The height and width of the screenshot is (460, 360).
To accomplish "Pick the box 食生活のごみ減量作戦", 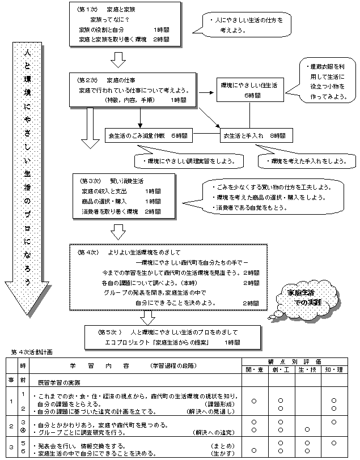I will (x=149, y=137).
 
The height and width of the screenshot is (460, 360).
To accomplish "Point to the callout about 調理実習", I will (x=182, y=161).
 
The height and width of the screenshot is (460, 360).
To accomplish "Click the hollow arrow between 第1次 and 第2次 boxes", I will (x=118, y=58).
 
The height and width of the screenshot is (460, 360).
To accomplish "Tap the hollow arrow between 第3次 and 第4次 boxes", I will (x=118, y=231).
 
